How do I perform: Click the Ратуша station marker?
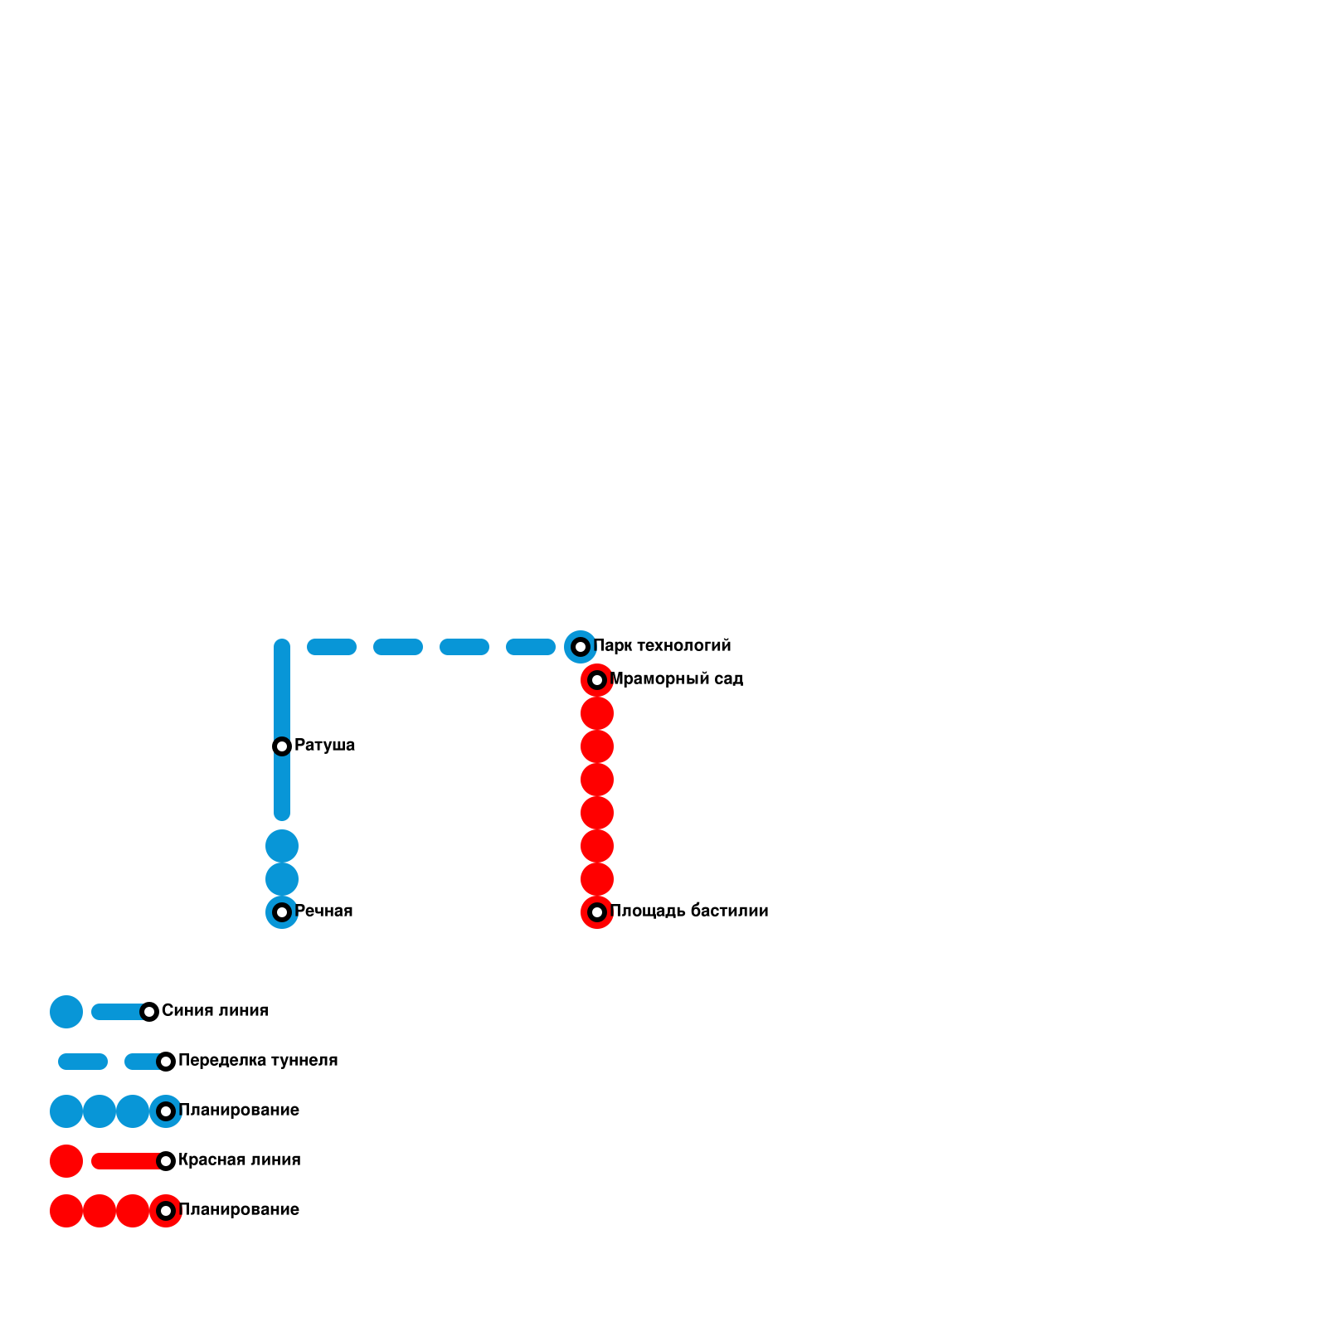[282, 746]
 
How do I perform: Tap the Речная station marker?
[282, 912]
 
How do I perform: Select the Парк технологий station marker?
[581, 647]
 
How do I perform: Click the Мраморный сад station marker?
[597, 680]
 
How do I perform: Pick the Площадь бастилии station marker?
[597, 912]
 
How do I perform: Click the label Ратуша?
[324, 746]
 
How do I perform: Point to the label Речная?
[323, 911]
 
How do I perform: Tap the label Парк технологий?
[662, 646]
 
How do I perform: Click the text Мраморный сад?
[676, 679]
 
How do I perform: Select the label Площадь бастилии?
[688, 911]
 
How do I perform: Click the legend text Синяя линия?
[215, 1011]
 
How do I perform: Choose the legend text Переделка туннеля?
[258, 1061]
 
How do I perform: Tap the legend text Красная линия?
[239, 1160]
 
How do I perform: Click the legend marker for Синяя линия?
[149, 1012]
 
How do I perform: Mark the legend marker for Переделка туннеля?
[166, 1062]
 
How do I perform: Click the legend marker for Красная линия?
[166, 1161]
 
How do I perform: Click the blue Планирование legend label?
[239, 1111]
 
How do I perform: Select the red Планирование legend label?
[239, 1210]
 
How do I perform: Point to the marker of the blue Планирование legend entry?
[166, 1111]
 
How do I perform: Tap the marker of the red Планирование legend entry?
[166, 1211]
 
